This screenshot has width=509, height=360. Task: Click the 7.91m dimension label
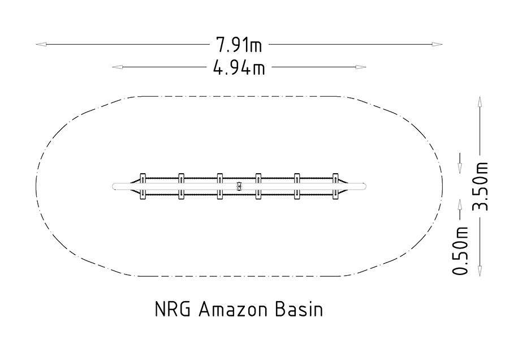pyautogui.click(x=239, y=45)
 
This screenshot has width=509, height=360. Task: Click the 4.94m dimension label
pyautogui.click(x=239, y=67)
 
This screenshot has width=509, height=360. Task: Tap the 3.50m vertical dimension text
pyautogui.click(x=480, y=186)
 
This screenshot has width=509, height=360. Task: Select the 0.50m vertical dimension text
pyautogui.click(x=460, y=250)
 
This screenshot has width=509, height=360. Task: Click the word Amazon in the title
pyautogui.click(x=233, y=309)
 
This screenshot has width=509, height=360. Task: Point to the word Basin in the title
pyautogui.click(x=299, y=309)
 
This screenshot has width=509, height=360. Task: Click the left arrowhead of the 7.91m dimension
pyautogui.click(x=41, y=44)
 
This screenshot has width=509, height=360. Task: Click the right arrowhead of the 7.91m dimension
pyautogui.click(x=437, y=44)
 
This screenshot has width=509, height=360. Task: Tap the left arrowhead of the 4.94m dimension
pyautogui.click(x=117, y=67)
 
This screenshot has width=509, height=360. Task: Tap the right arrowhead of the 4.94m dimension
pyautogui.click(x=361, y=67)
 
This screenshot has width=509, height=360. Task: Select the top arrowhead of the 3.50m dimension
pyautogui.click(x=480, y=101)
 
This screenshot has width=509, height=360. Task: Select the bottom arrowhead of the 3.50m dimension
pyautogui.click(x=480, y=271)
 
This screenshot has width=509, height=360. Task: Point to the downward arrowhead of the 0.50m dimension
pyautogui.click(x=460, y=168)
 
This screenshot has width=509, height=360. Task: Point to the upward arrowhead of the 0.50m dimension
pyautogui.click(x=460, y=204)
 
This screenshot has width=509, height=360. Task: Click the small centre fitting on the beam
pyautogui.click(x=239, y=186)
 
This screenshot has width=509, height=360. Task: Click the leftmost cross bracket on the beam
pyautogui.click(x=143, y=186)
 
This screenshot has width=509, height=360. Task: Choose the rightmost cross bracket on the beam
pyautogui.click(x=335, y=186)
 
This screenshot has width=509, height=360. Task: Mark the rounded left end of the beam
pyautogui.click(x=114, y=186)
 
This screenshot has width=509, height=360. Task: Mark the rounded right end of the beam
pyautogui.click(x=364, y=186)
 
